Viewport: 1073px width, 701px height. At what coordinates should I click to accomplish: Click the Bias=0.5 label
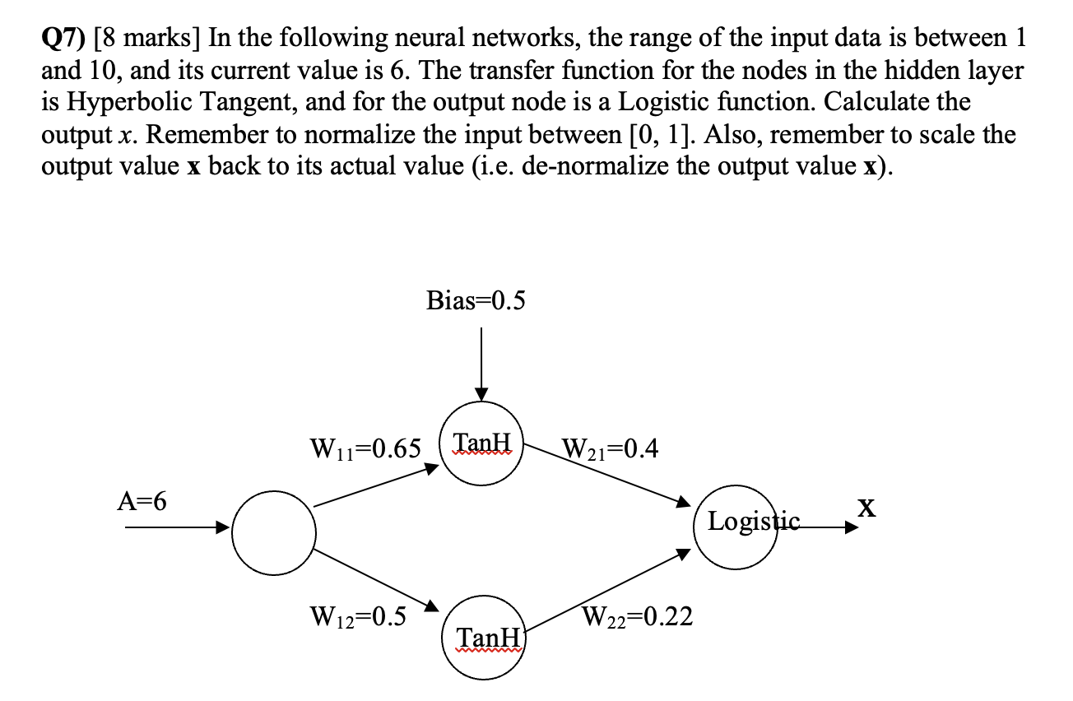point(476,301)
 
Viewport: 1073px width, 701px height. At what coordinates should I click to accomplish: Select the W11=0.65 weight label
point(365,450)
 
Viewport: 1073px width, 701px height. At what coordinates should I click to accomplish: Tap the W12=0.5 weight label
point(357,616)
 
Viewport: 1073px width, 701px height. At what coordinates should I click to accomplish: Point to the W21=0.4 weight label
point(609,450)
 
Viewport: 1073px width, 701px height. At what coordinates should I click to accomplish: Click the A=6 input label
point(142,502)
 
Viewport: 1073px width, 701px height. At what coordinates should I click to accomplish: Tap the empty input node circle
point(272,534)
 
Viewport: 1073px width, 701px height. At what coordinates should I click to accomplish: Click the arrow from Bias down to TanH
point(481,362)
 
